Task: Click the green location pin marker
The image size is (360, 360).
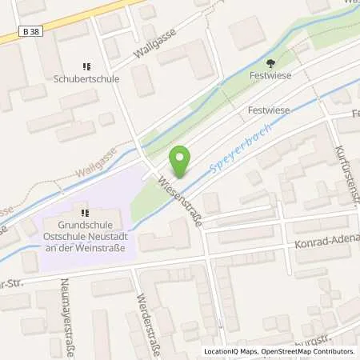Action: pos(181,162)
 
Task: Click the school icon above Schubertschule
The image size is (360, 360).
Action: pos(86,67)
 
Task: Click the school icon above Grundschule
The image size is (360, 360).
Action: pos(84,212)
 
